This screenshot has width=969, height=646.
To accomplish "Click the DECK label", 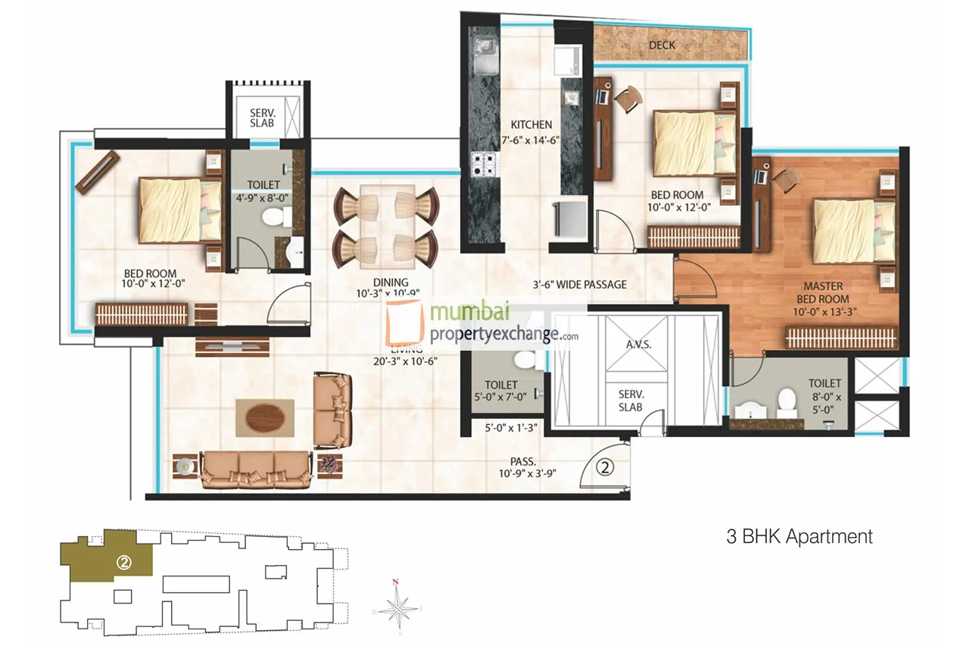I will [x=662, y=45].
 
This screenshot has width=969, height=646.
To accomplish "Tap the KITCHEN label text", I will [x=531, y=125].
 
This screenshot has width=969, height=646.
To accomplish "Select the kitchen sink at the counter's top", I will [x=482, y=48].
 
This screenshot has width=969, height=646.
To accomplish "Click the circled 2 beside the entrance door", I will [x=604, y=467].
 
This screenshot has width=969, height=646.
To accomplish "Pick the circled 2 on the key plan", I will [x=125, y=563].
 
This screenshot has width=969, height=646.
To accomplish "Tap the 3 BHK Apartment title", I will [x=799, y=537].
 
